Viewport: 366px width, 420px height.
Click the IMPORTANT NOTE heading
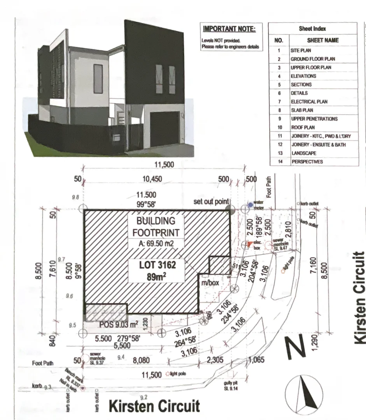(229, 29)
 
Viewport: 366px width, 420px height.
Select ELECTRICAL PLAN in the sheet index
(309, 101)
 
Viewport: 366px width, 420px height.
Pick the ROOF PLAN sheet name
(303, 127)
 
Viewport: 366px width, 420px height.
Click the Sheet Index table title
(312, 28)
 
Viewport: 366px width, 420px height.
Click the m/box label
(210, 283)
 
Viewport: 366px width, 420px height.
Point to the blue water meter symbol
(250, 205)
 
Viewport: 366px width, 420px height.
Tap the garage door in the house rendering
(165, 129)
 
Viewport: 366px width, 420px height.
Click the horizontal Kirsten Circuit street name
(154, 406)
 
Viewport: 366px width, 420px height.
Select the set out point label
(211, 202)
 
